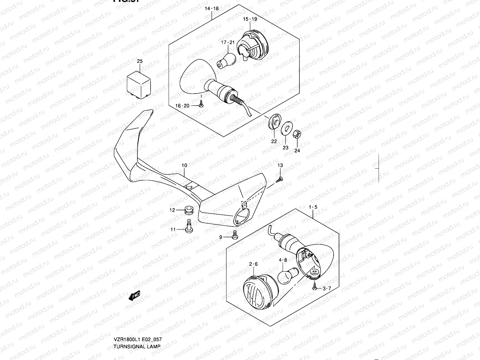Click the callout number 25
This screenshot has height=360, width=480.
[140, 61]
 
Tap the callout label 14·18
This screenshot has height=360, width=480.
[212, 9]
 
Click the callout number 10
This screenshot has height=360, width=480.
[184, 165]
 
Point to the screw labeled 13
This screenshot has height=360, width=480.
[280, 179]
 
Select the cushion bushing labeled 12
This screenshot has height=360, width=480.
[189, 210]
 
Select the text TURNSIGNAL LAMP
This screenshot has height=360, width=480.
[137, 346]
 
